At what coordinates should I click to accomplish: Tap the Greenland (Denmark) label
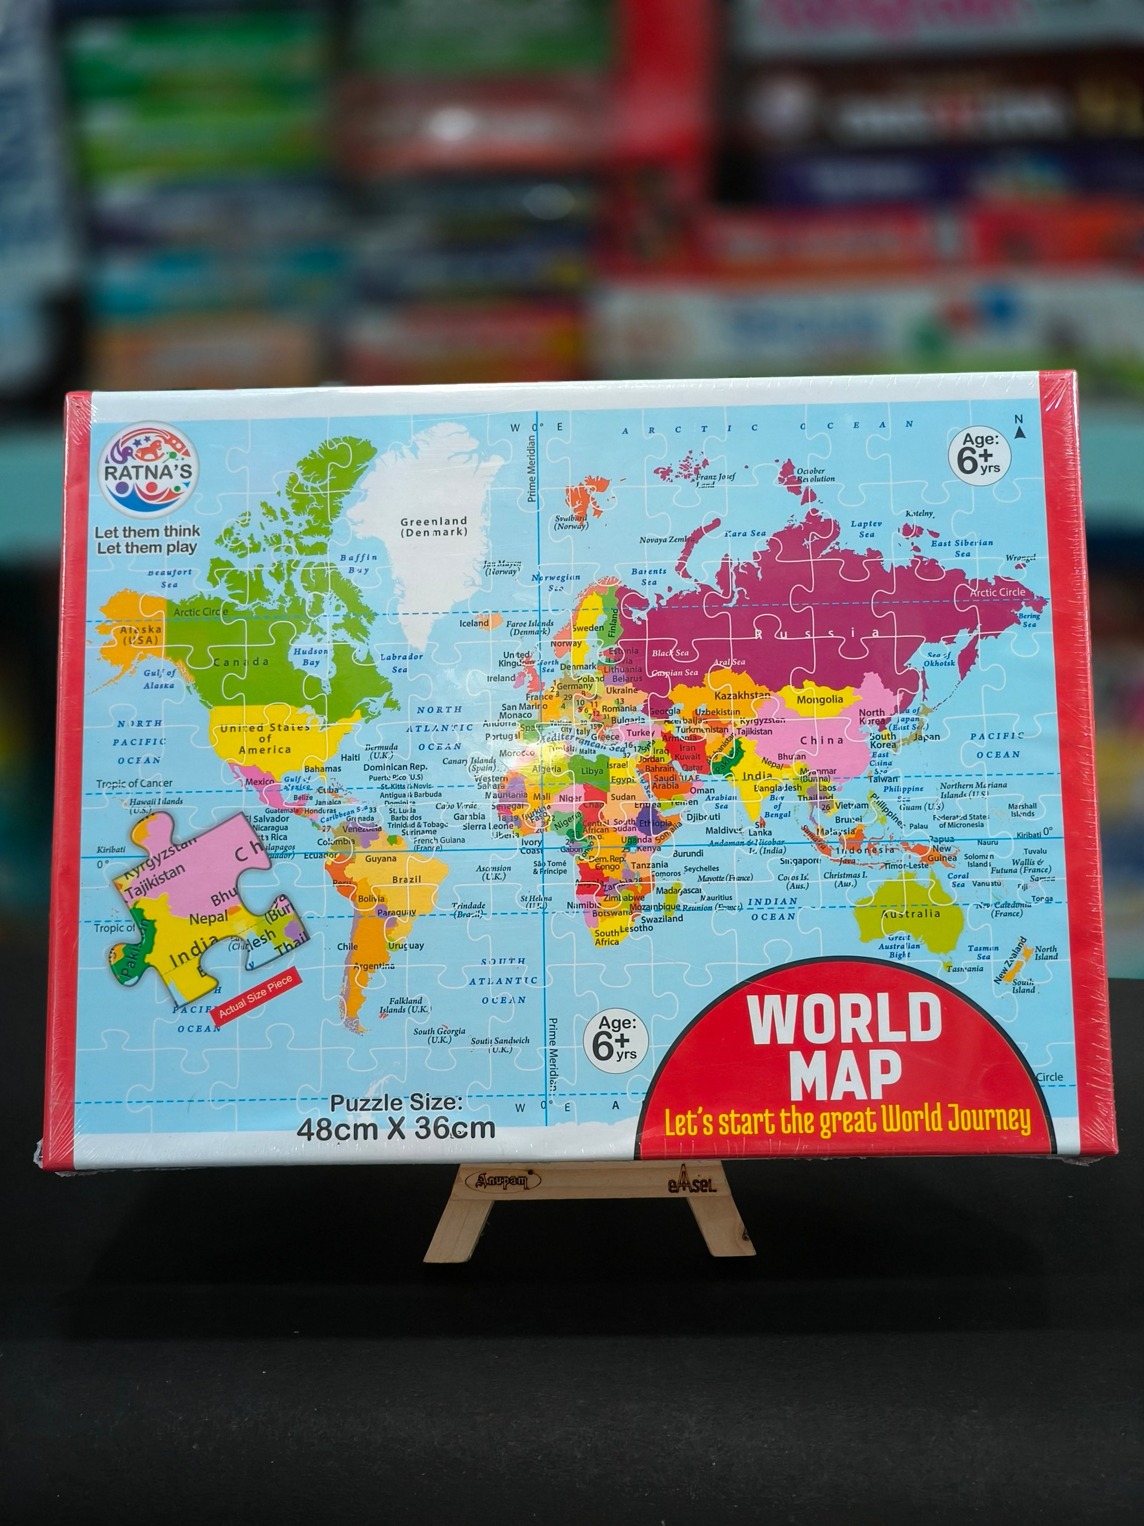pos(434,526)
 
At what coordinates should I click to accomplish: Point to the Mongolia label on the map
pos(819,699)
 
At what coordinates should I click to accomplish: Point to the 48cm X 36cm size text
pos(396,1129)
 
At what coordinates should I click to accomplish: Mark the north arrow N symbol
pos(1018,425)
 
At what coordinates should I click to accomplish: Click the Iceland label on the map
pos(474,623)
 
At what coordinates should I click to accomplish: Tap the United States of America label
pos(265,738)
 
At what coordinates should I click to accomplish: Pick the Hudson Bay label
pos(310,656)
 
